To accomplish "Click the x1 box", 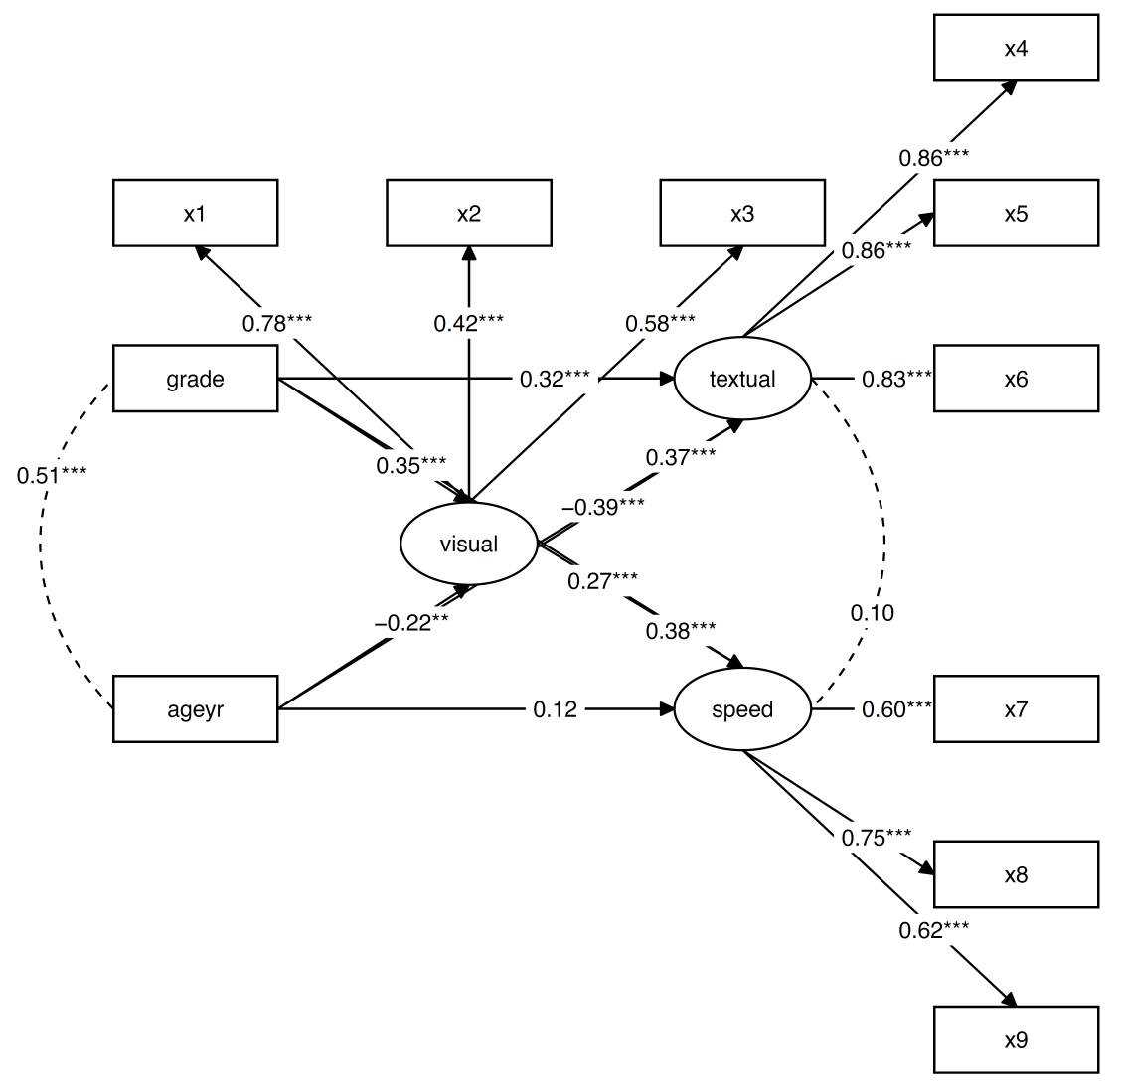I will pyautogui.click(x=195, y=213).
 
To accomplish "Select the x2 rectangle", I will pyautogui.click(x=468, y=213).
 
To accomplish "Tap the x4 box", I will pyautogui.click(x=1016, y=48).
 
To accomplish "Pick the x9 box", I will pyautogui.click(x=1016, y=1039).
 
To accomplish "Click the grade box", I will pyautogui.click(x=195, y=379).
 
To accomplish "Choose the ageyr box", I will pyautogui.click(x=195, y=708).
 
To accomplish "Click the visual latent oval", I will pyautogui.click(x=468, y=544).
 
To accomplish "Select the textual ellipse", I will pyautogui.click(x=742, y=379).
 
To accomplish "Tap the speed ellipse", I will pyautogui.click(x=742, y=708).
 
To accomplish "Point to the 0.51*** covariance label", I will pyautogui.click(x=52, y=475).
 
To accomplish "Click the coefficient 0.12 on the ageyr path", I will pyautogui.click(x=555, y=709).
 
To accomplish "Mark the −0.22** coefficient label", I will pyautogui.click(x=411, y=623).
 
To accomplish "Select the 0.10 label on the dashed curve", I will pyautogui.click(x=872, y=613).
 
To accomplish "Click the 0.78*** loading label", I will pyautogui.click(x=278, y=322).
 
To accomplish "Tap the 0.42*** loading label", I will pyautogui.click(x=468, y=322).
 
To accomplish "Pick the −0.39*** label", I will pyautogui.click(x=603, y=507).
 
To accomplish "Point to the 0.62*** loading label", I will pyautogui.click(x=934, y=931).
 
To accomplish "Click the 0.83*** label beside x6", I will pyautogui.click(x=896, y=379).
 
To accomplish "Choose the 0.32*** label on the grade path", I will pyautogui.click(x=555, y=379).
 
